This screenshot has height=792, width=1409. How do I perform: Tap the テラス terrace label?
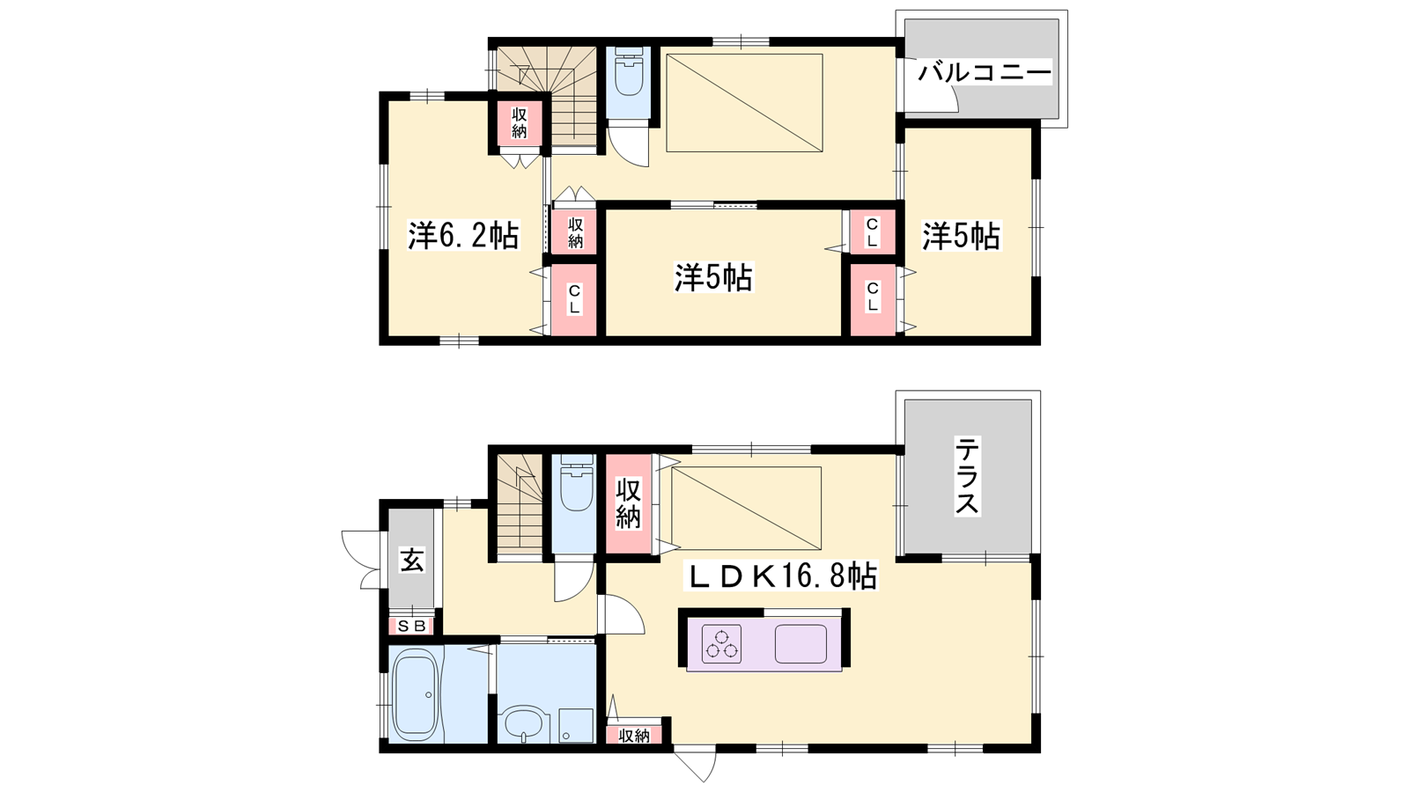[967, 475]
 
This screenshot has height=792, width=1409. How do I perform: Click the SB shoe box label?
[413, 626]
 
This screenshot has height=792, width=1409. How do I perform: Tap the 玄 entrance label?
[412, 560]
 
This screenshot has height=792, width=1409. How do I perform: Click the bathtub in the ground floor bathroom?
[415, 694]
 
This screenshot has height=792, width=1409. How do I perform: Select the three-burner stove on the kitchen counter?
[721, 643]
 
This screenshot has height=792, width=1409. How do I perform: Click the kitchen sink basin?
[800, 643]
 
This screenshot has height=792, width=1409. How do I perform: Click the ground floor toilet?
[576, 485]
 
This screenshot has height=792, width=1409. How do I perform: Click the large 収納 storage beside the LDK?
[628, 504]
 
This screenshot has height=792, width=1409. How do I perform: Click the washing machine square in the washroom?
[575, 725]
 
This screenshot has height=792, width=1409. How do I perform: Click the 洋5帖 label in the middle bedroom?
[713, 277]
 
